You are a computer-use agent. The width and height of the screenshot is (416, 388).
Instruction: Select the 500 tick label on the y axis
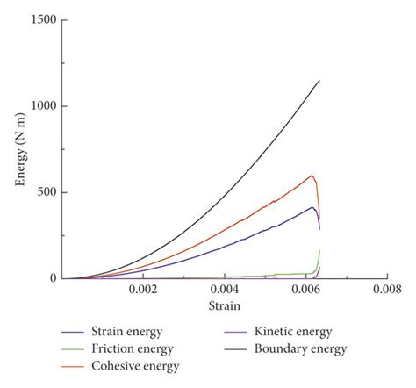point(47,192)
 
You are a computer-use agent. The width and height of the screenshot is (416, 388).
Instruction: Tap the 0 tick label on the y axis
point(54,278)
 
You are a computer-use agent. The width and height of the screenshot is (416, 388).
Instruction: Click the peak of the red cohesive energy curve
point(312,176)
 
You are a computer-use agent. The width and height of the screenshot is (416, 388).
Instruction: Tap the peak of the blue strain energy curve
point(312,207)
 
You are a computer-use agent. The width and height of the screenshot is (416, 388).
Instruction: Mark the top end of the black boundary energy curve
point(319,81)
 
